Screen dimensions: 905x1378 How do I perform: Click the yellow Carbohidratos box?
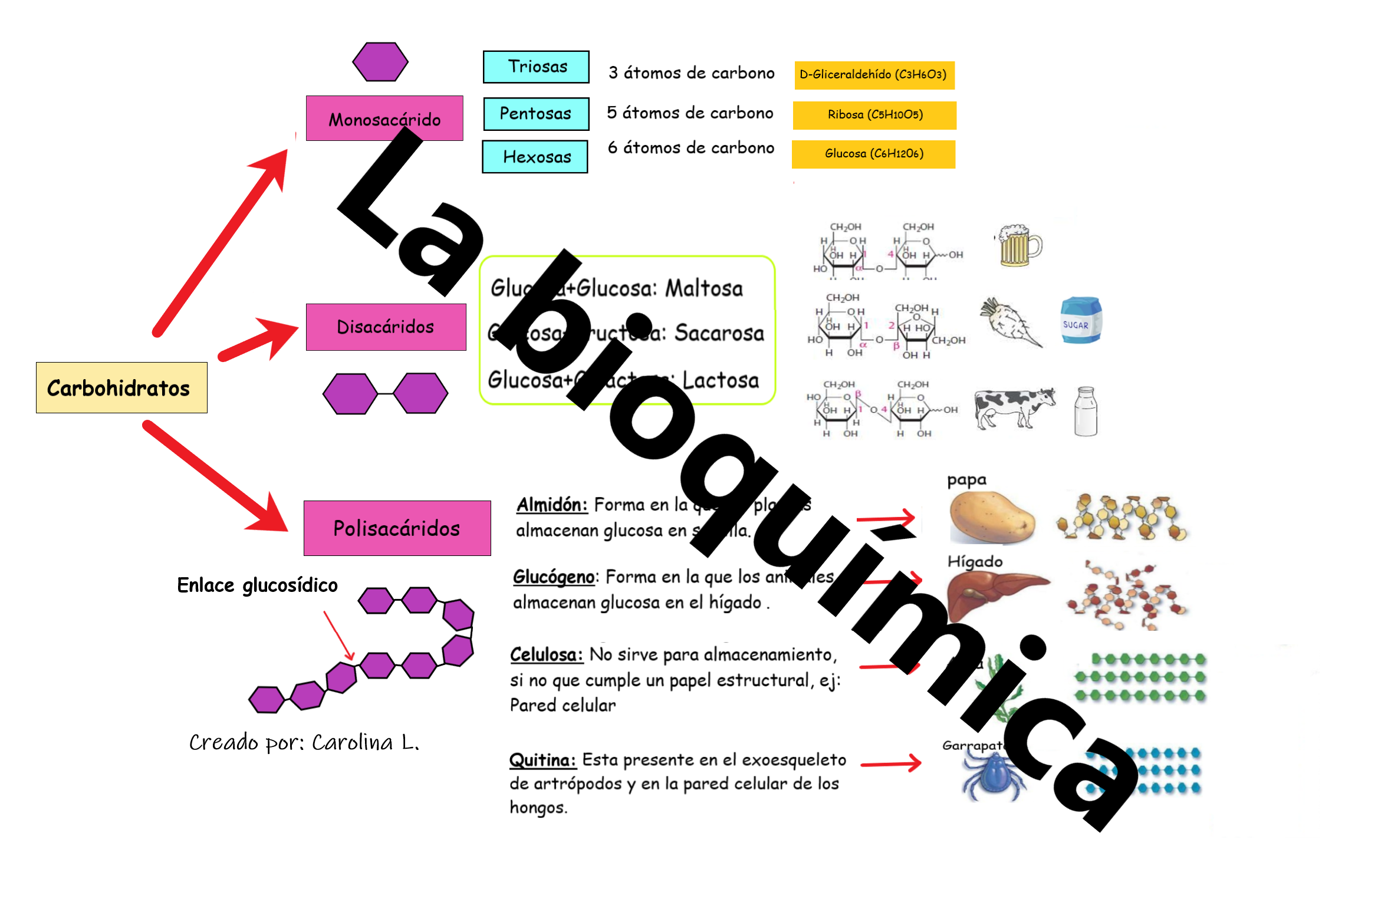point(121,387)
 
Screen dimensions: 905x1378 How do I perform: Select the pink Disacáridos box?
point(386,327)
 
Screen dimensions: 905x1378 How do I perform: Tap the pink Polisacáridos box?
point(397,528)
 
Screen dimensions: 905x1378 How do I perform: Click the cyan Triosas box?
point(536,67)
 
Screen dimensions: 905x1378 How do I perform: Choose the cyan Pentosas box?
point(536,113)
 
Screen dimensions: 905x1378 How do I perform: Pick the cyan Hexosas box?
point(535,157)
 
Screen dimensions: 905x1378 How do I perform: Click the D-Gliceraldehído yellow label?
point(874,75)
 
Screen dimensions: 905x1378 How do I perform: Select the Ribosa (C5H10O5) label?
point(874,115)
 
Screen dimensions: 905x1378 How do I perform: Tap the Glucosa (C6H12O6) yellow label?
point(873,154)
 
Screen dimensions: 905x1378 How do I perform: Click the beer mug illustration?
point(1019,245)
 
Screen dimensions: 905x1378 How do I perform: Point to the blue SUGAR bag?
point(1080,321)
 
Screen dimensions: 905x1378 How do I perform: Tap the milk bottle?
point(1085,412)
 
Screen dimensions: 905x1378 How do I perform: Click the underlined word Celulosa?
point(546,654)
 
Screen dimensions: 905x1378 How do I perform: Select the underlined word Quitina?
point(542,760)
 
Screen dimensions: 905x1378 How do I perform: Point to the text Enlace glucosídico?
point(257,585)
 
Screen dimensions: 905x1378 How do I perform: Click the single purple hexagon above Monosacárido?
point(380,61)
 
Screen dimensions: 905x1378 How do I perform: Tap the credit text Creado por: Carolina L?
point(304,743)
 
